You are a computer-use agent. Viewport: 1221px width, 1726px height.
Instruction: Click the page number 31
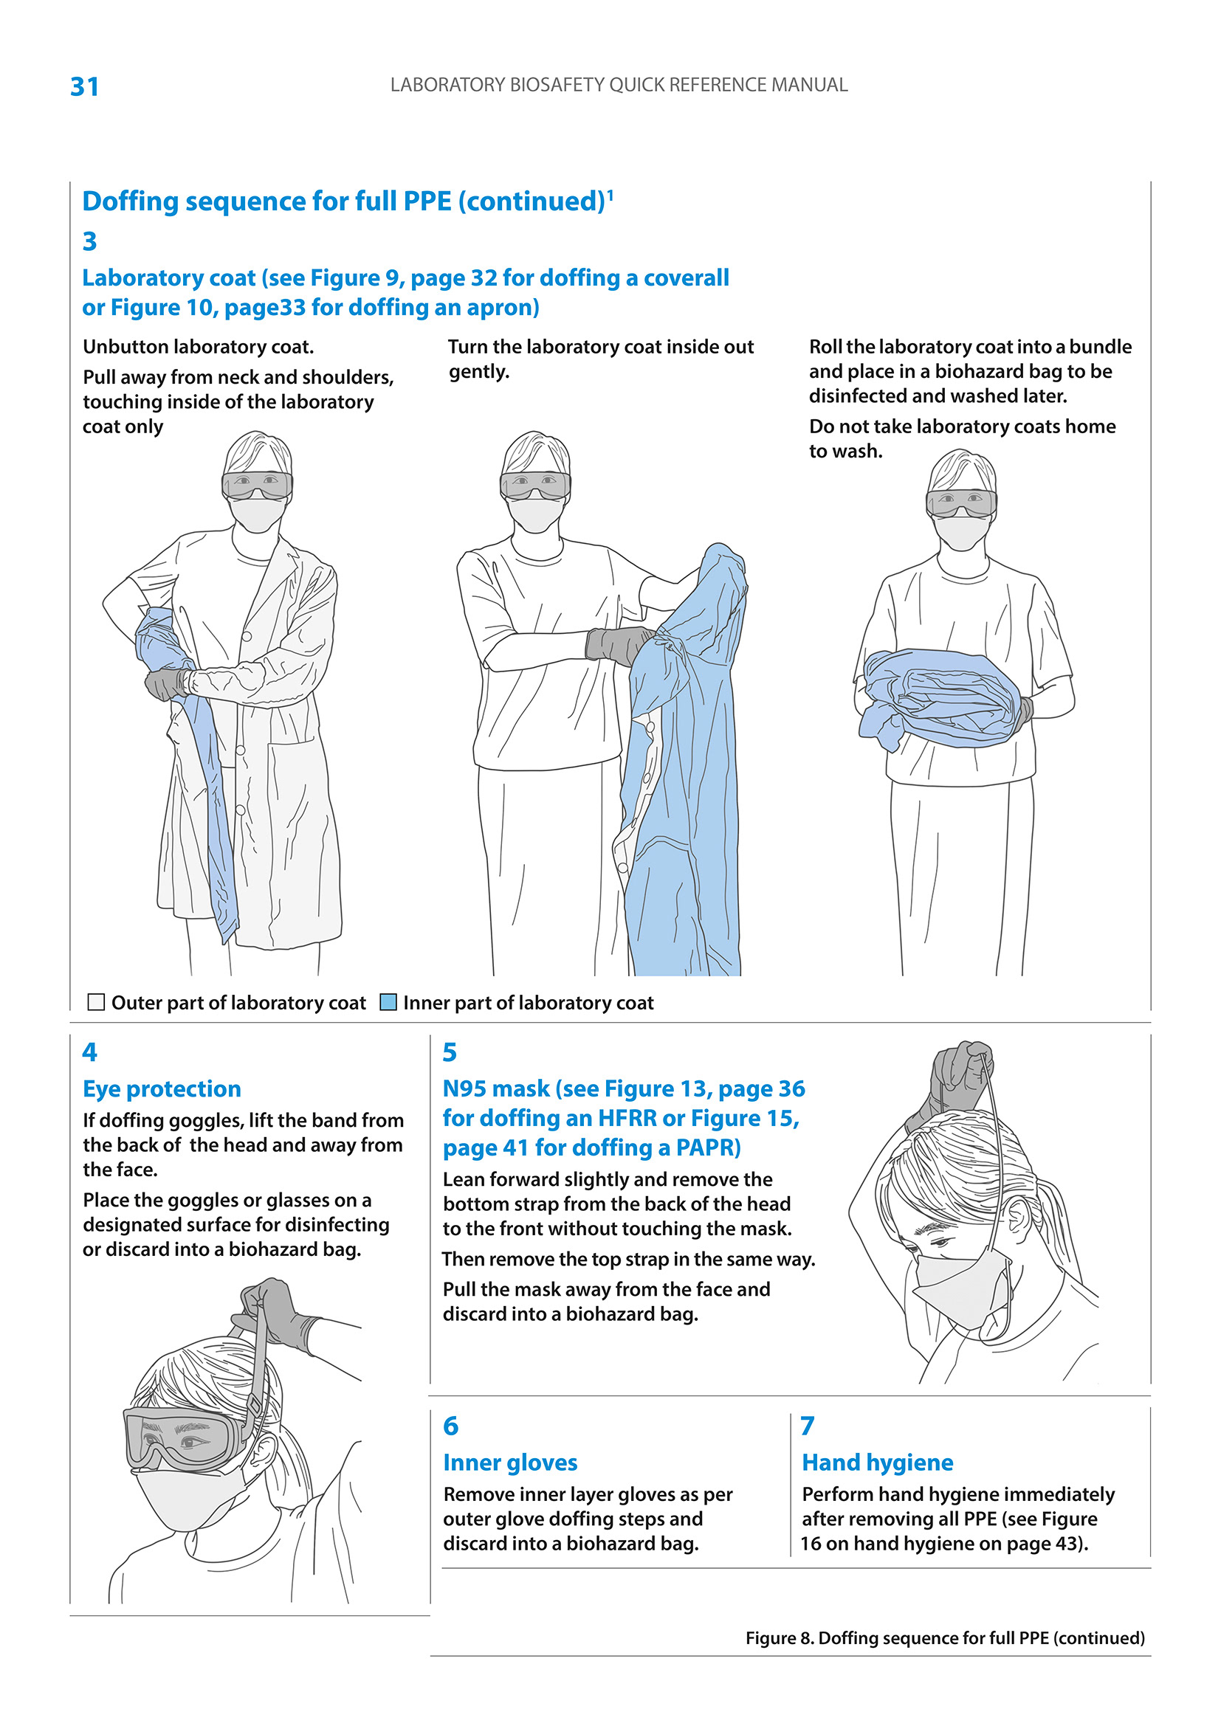84,86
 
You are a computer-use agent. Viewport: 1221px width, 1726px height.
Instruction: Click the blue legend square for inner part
388,1002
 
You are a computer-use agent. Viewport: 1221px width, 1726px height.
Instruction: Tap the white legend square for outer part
96,1002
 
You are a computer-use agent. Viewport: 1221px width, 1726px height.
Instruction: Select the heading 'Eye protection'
162,1088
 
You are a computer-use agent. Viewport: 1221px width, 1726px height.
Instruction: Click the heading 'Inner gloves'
510,1462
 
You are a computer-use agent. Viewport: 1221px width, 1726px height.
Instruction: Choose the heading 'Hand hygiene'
878,1462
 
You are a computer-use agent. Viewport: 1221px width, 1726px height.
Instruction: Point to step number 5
450,1052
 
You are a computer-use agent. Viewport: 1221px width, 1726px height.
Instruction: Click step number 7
807,1426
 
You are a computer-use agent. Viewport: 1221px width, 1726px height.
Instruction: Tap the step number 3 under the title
89,241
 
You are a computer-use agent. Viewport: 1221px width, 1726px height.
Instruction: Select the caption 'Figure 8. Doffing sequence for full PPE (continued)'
945,1638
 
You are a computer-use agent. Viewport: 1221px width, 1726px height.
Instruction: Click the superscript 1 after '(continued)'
610,195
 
